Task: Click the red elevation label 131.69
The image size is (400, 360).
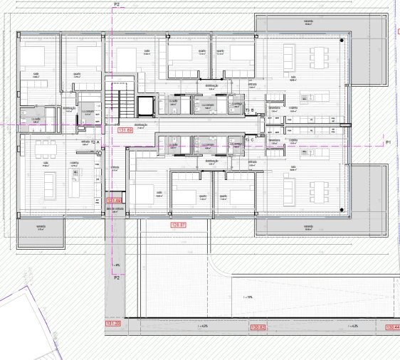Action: tap(125, 131)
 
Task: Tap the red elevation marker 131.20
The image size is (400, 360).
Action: tap(113, 324)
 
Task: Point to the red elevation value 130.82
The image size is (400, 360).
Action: tap(258, 327)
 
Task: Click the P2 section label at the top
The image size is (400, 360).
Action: tap(116, 4)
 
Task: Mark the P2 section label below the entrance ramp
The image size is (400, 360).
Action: tap(117, 278)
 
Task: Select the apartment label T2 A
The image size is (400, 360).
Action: tap(95, 143)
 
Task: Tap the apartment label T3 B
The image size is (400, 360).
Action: tap(250, 110)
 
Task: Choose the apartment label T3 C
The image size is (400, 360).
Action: tap(250, 140)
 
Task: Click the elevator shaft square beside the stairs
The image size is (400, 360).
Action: tap(146, 105)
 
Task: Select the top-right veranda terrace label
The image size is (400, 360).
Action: tap(308, 21)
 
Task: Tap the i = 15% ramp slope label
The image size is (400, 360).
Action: tap(248, 297)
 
